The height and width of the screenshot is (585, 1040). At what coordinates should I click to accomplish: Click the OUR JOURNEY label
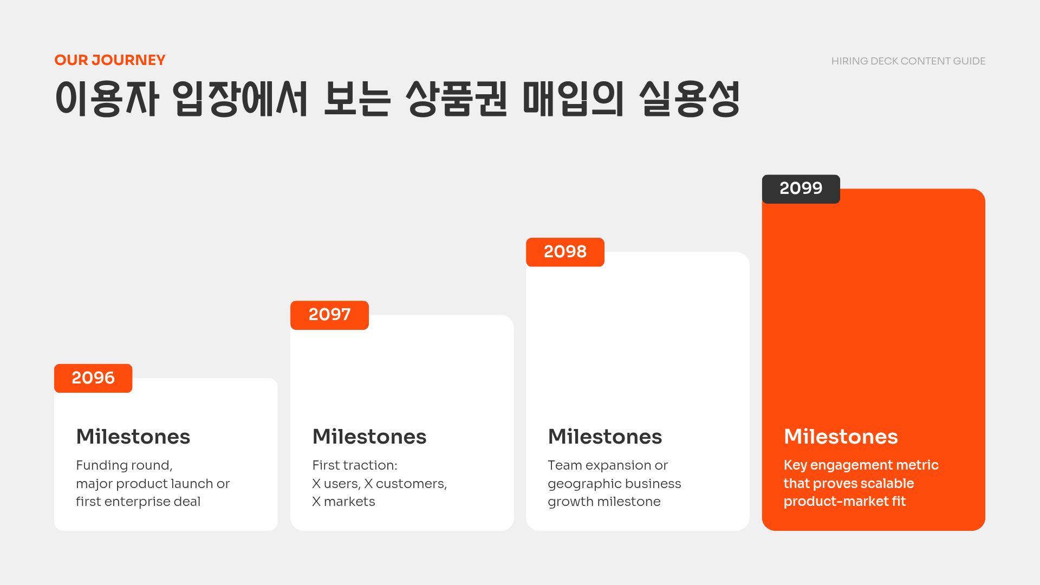click(110, 60)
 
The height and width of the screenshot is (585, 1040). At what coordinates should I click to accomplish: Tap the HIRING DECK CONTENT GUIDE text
click(908, 61)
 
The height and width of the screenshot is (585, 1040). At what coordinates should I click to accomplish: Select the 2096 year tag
click(93, 378)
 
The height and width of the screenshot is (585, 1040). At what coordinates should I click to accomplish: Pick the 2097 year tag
click(329, 315)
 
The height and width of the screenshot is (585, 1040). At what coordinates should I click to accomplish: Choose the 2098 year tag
click(565, 252)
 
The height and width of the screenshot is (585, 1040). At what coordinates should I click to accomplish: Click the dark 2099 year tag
click(801, 188)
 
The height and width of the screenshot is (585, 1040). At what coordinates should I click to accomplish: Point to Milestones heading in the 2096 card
click(133, 437)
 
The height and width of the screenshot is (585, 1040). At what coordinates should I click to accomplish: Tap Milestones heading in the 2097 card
click(369, 437)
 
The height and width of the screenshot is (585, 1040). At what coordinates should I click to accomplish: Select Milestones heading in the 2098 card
click(605, 437)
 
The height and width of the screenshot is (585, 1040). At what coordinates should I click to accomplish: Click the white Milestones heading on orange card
click(841, 437)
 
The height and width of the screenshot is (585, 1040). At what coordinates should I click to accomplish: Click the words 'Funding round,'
click(124, 465)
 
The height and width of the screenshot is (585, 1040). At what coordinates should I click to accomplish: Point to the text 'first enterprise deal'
click(138, 502)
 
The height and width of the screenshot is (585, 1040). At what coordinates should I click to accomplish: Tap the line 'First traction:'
click(355, 465)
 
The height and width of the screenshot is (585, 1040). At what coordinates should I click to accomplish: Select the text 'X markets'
click(343, 502)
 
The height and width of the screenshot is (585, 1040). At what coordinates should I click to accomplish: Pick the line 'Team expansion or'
click(608, 465)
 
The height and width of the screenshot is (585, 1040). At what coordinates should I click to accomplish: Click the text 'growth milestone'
click(604, 502)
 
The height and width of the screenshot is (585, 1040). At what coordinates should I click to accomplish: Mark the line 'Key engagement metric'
click(861, 465)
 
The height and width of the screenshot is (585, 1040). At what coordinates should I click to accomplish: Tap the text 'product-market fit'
click(844, 502)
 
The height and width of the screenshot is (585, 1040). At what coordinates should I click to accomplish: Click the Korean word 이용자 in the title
click(107, 99)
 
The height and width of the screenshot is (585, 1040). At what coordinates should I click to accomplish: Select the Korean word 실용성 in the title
click(689, 99)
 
